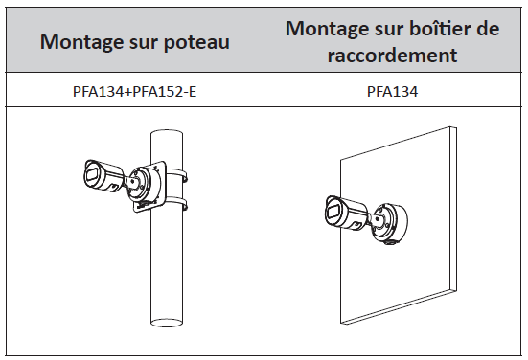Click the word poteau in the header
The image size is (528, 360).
click(196, 43)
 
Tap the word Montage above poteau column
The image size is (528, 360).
click(81, 43)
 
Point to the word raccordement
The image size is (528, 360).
click(392, 56)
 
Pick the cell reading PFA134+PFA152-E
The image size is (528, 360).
click(135, 92)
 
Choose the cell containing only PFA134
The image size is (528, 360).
click(392, 92)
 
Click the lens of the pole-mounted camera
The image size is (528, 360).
click(91, 176)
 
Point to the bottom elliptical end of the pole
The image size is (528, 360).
click(167, 323)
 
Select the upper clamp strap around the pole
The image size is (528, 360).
click(176, 174)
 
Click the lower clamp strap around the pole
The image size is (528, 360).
click(176, 203)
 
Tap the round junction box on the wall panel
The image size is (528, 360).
click(391, 222)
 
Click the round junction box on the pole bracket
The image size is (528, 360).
click(144, 186)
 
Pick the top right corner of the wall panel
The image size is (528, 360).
click(457, 127)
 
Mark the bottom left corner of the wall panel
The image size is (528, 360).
click(341, 324)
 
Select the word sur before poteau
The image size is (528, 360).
click(143, 44)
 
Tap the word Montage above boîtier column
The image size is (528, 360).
click(327, 29)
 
